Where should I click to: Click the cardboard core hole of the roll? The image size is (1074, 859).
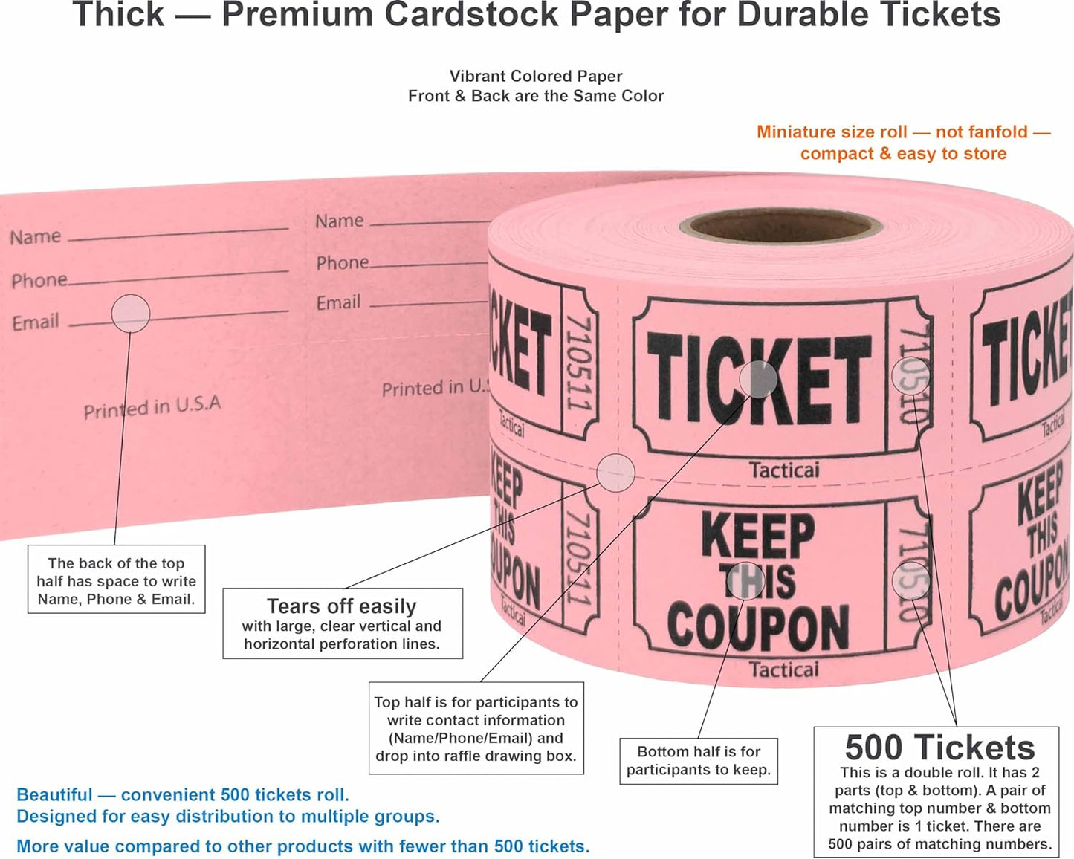[x=780, y=225]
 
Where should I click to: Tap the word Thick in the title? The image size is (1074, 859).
[x=118, y=15]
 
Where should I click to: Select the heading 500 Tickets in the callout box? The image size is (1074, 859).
[x=939, y=748]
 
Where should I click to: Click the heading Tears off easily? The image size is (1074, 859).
[x=341, y=606]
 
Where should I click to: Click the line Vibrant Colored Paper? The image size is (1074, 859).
[x=535, y=76]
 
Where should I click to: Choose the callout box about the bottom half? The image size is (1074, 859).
[x=698, y=761]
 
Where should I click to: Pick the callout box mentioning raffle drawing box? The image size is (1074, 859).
[x=476, y=729]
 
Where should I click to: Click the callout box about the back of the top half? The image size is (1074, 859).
[x=116, y=581]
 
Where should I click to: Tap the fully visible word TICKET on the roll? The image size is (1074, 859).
[x=758, y=378]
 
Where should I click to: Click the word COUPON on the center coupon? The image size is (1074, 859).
[x=758, y=626]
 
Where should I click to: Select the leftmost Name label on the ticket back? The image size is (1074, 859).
[x=35, y=237]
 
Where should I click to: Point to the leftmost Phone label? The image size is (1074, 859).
[x=39, y=280]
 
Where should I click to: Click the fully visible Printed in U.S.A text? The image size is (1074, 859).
[x=152, y=407]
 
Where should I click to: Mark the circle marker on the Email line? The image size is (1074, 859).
[x=131, y=314]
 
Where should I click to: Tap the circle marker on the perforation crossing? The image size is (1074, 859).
[x=616, y=472]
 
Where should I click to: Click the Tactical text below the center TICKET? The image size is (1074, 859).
[x=783, y=470]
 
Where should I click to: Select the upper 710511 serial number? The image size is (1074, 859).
[x=579, y=363]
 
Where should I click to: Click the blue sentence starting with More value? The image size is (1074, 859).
[x=303, y=846]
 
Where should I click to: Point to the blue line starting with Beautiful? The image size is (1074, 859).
[x=182, y=795]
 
